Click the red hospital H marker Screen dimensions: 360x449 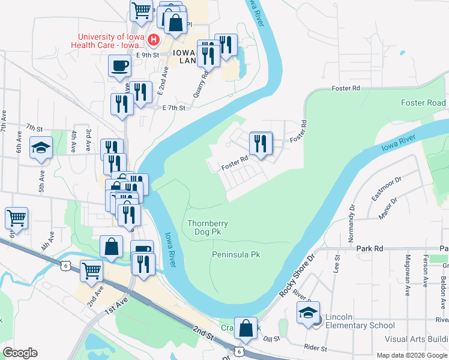pyautogui.click(x=153, y=40)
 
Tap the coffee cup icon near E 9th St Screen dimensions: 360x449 pyautogui.click(x=119, y=65)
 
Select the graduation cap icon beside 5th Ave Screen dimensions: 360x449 pyautogui.click(x=41, y=148)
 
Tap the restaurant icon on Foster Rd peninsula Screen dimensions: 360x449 pyautogui.click(x=261, y=143)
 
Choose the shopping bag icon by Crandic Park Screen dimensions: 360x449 pyautogui.click(x=246, y=328)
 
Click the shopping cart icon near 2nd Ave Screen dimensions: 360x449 pyautogui.click(x=91, y=271)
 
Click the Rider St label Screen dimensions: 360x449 pyautogui.click(x=315, y=348)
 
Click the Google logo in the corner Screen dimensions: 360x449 pyautogui.click(x=20, y=353)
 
